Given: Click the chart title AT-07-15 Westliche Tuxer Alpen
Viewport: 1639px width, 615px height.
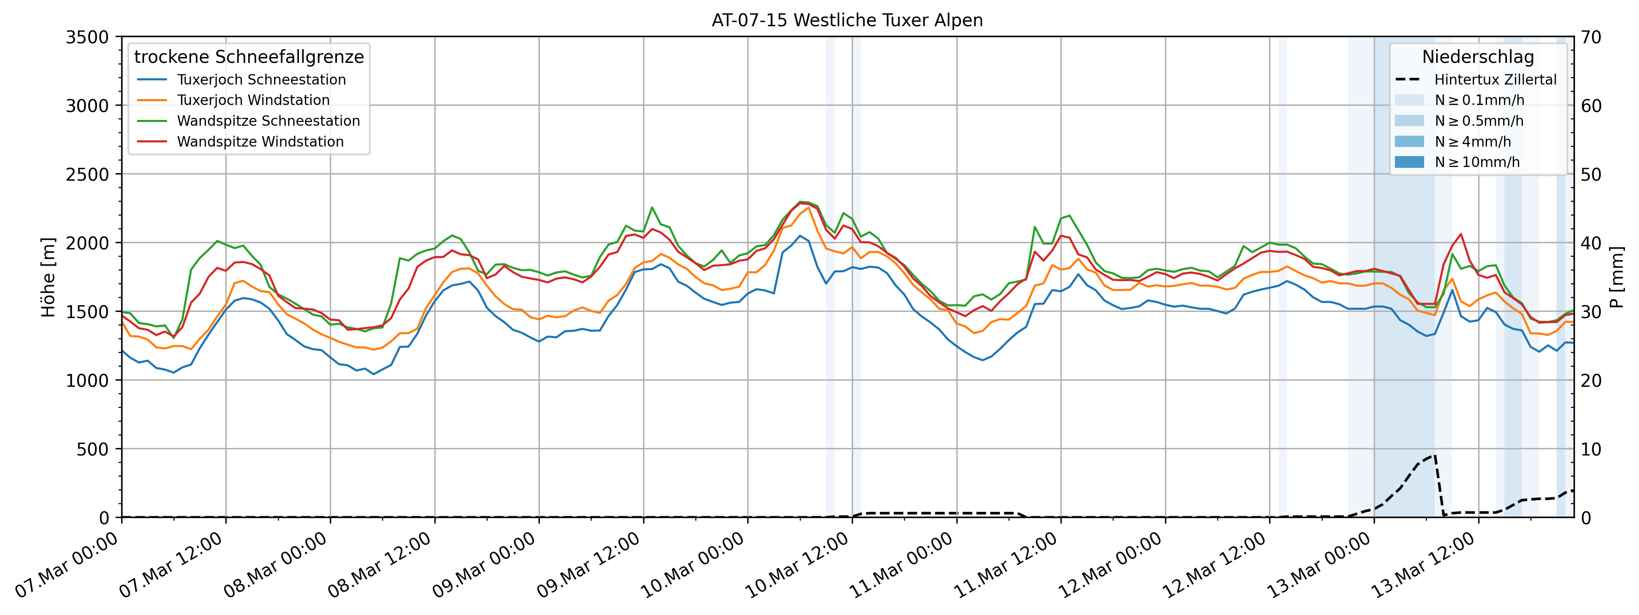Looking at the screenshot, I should pyautogui.click(x=847, y=20).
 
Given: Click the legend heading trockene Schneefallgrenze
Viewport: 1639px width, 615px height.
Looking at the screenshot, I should pyautogui.click(x=249, y=57).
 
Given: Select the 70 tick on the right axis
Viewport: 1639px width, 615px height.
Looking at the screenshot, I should pyautogui.click(x=1591, y=37).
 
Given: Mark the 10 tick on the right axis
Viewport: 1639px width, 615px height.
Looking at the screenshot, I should pyautogui.click(x=1591, y=449).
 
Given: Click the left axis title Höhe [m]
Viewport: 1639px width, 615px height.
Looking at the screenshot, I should pyautogui.click(x=48, y=277).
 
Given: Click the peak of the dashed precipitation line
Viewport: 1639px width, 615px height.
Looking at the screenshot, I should pyautogui.click(x=1434, y=456).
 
